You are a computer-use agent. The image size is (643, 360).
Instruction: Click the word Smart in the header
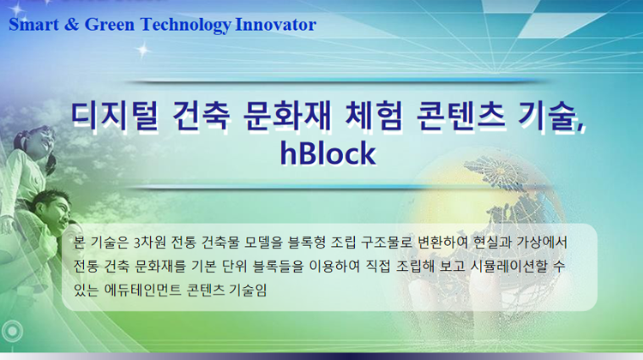[33, 25]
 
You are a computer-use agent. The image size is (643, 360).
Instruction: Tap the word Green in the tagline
[110, 25]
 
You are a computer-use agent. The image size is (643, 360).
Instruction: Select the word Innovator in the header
[275, 25]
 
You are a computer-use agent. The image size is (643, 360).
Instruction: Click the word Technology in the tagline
[186, 26]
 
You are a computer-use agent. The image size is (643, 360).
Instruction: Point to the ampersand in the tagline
[72, 25]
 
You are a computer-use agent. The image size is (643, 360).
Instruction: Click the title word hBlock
[328, 153]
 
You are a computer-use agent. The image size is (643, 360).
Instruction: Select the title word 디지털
[114, 115]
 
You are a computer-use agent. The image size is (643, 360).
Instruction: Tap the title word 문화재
[286, 115]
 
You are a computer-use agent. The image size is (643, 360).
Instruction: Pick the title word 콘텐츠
[460, 115]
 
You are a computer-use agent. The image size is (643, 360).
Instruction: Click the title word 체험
[373, 115]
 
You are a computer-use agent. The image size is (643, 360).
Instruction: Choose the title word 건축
[201, 115]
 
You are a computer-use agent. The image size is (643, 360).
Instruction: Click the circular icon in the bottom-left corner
[12, 331]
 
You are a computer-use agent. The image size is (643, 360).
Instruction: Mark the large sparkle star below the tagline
[142, 51]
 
